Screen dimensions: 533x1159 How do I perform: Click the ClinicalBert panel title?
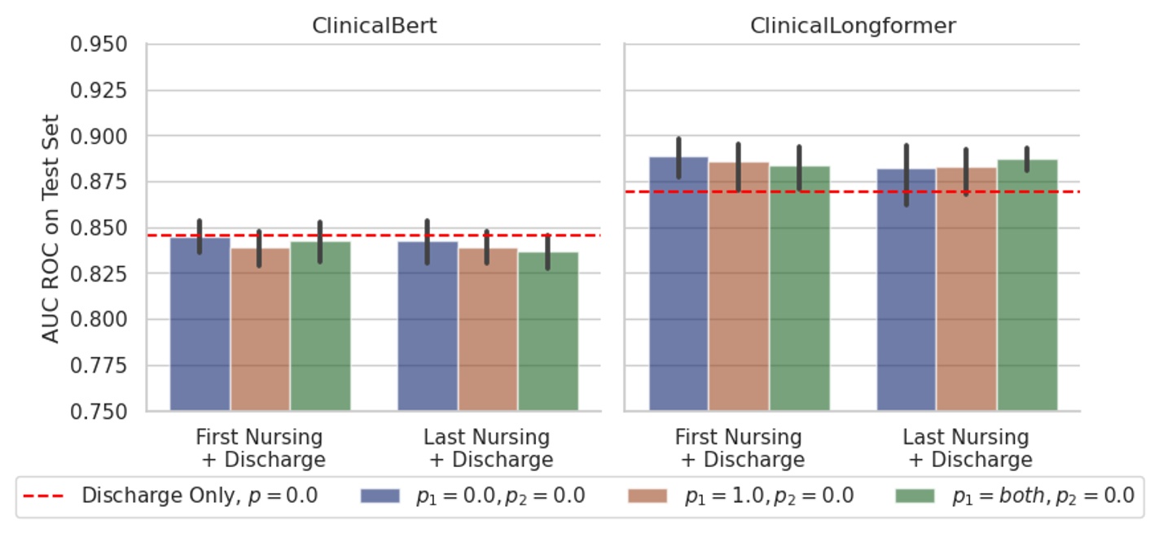[374, 26]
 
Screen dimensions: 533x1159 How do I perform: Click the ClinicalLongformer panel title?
[852, 26]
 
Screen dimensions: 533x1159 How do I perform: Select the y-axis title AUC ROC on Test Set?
[51, 228]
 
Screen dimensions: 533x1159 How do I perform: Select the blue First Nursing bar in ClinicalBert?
[200, 325]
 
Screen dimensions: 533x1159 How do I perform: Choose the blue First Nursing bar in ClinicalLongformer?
[678, 285]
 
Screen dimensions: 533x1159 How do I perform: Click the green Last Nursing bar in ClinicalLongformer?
[1027, 285]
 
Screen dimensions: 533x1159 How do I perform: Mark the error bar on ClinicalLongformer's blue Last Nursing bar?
[907, 175]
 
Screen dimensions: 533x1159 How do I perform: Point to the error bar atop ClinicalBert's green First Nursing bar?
[320, 242]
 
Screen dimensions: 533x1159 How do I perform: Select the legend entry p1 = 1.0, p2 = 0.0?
[741, 496]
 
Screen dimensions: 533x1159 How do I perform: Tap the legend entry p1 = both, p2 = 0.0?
[1015, 496]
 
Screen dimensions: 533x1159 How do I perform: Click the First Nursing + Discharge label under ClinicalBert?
[260, 448]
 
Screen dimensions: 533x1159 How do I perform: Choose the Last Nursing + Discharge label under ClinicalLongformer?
[967, 448]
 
